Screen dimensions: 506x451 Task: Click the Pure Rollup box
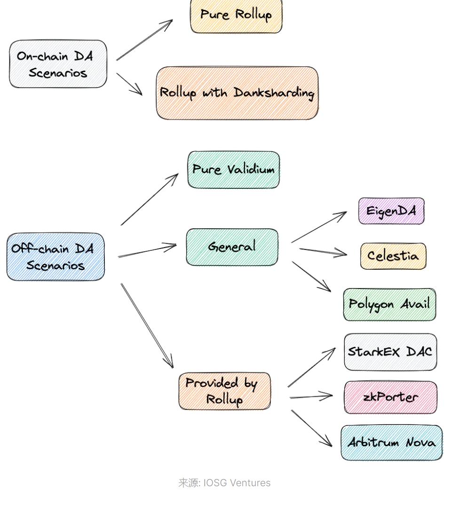(236, 15)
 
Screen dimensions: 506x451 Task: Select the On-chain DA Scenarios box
(58, 64)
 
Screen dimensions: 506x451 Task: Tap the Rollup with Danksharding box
(237, 93)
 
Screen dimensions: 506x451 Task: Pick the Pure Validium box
(233, 169)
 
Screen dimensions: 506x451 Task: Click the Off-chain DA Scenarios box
(55, 257)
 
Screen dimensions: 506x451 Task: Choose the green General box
(232, 247)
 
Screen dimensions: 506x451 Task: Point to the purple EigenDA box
(391, 211)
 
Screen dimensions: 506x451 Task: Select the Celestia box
(393, 256)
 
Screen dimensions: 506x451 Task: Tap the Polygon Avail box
(389, 305)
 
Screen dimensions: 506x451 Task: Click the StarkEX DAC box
(390, 352)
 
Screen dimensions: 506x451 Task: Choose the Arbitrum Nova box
(391, 443)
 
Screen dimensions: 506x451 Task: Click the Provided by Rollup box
(225, 391)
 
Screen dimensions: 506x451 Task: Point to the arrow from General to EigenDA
(319, 227)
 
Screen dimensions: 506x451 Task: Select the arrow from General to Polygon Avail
(311, 276)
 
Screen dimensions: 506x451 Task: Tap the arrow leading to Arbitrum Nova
(312, 428)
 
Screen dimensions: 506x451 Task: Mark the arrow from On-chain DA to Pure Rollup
(144, 40)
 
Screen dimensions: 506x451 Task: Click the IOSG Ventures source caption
(224, 483)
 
